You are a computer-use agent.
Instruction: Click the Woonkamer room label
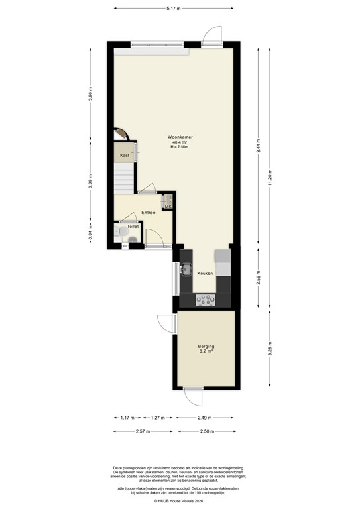point(180,137)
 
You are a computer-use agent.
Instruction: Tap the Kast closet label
point(124,156)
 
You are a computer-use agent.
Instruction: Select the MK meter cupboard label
point(168,207)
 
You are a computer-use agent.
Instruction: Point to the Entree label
point(149,213)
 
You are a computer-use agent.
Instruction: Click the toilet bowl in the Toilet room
point(119,232)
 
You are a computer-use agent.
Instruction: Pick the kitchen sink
point(188,270)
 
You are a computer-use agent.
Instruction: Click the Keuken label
point(204,273)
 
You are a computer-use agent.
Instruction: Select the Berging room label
point(206,347)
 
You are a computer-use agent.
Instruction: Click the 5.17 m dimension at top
point(174,8)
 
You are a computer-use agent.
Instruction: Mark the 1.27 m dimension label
point(156,418)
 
